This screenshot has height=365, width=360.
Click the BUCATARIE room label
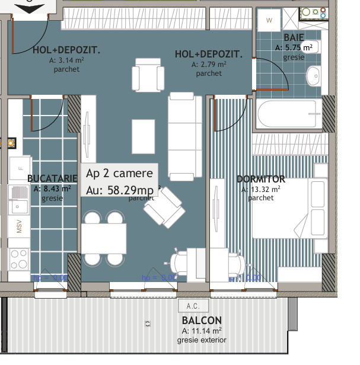pyautogui.click(x=52, y=178)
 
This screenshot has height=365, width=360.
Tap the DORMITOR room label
pyautogui.click(x=261, y=179)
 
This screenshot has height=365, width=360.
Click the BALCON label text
pyautogui.click(x=202, y=321)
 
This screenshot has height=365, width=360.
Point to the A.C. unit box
pyautogui.click(x=192, y=306)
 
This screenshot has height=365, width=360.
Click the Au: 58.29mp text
pyautogui.click(x=120, y=190)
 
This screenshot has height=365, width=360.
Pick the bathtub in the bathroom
pyautogui.click(x=288, y=114)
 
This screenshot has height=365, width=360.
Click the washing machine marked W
pyautogui.click(x=269, y=21)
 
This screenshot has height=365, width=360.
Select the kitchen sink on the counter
pyautogui.click(x=18, y=196)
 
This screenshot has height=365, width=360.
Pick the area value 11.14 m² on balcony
pyautogui.click(x=202, y=331)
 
